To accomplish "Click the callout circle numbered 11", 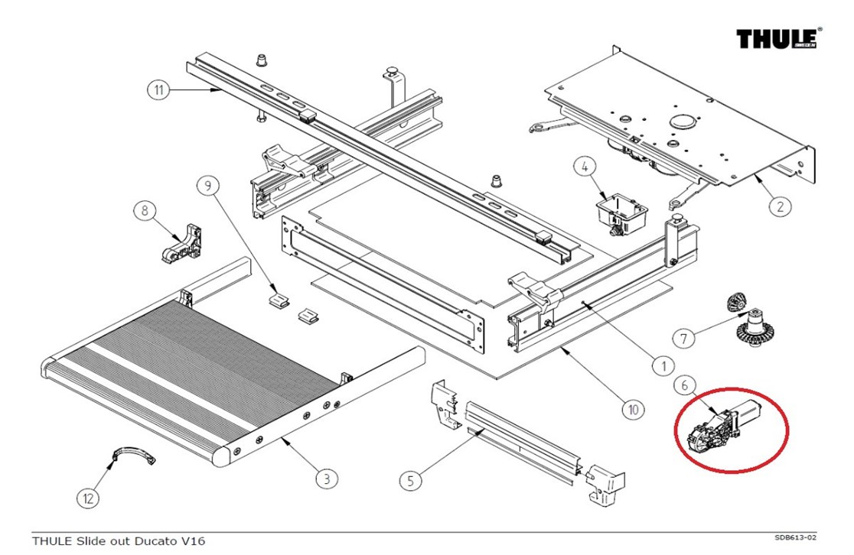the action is pos(158,89).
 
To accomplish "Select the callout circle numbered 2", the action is pos(780,206).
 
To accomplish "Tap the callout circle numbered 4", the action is pos(585,167).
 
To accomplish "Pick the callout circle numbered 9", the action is pos(207,186).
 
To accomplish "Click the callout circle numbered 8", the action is pos(145,210).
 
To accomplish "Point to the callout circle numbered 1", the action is pos(663,365).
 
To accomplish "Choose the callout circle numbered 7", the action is pos(683,339).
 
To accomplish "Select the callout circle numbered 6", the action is pos(685,385).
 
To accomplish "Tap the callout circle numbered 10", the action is pos(633,409).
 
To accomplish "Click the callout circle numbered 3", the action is pos(327,479).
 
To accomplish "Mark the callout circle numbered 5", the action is pos(410,480).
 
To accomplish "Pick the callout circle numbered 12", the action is pos(88,498).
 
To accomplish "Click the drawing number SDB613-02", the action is pos(795,537).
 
